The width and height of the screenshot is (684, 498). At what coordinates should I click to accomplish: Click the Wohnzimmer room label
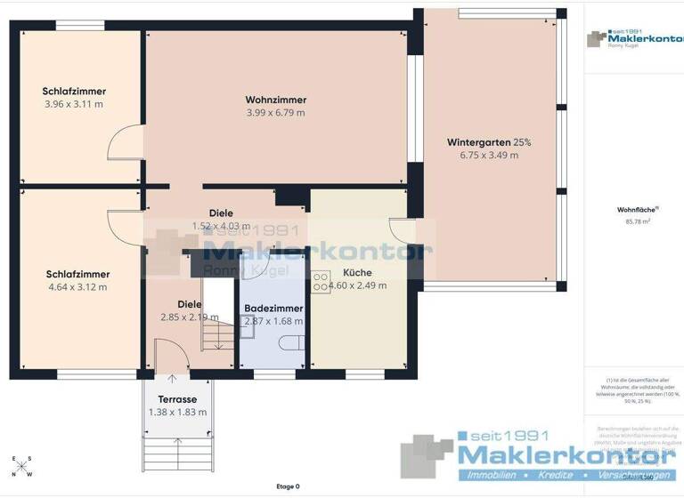click(275, 100)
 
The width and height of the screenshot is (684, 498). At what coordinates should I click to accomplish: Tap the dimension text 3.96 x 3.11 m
click(74, 104)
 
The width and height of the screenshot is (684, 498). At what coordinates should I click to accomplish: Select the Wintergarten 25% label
click(489, 142)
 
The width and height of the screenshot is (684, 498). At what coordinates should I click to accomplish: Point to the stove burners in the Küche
click(320, 284)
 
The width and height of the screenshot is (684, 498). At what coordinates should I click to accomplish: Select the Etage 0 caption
click(288, 486)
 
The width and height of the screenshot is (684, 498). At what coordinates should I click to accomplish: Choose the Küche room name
click(357, 273)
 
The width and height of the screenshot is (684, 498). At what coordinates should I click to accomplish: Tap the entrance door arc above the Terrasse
click(173, 353)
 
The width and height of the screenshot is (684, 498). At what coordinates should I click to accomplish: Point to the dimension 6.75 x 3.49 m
click(489, 155)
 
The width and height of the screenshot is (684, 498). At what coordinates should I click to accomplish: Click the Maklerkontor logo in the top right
click(633, 39)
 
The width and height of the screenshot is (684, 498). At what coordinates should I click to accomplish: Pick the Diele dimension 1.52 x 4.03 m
click(221, 226)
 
